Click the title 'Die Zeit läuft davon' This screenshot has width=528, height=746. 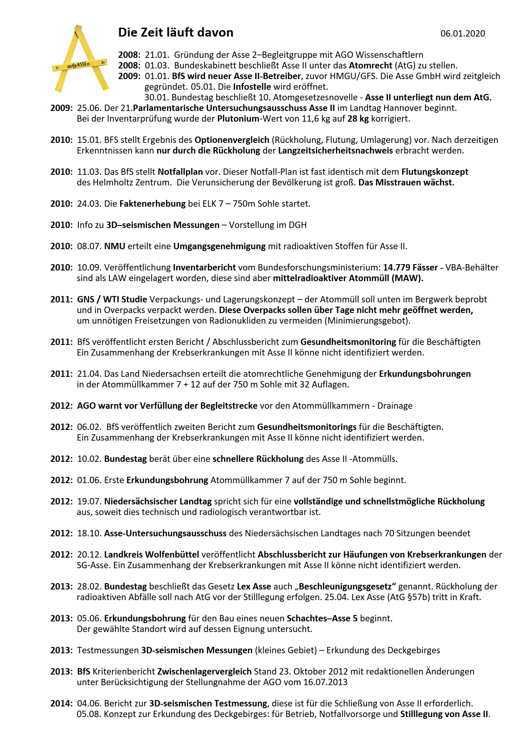pyautogui.click(x=175, y=33)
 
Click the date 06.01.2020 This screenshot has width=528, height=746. pyautogui.click(x=462, y=34)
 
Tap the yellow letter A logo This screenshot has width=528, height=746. pyautogui.click(x=80, y=60)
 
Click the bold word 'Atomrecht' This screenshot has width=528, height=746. pyautogui.click(x=370, y=65)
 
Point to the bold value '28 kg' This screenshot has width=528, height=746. pyautogui.click(x=358, y=119)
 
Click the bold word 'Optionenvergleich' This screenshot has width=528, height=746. pyautogui.click(x=232, y=140)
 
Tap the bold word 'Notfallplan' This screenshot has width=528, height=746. pyautogui.click(x=180, y=172)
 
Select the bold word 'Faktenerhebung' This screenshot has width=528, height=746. pyautogui.click(x=152, y=204)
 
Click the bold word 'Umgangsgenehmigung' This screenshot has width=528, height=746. pyautogui.click(x=219, y=246)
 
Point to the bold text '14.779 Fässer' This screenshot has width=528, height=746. pyautogui.click(x=410, y=268)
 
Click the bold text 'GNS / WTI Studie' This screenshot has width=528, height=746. pyautogui.click(x=112, y=299)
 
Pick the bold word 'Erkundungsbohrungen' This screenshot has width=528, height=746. pyautogui.click(x=425, y=374)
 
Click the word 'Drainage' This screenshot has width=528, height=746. pyautogui.click(x=395, y=406)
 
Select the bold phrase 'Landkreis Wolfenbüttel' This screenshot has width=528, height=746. pyautogui.click(x=152, y=555)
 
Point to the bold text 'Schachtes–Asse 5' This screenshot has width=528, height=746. pyautogui.click(x=322, y=618)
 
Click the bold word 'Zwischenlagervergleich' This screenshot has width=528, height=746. pyautogui.click(x=204, y=672)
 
